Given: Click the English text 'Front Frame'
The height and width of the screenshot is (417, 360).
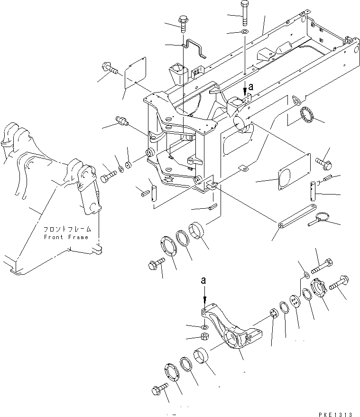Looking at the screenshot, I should click(66, 237).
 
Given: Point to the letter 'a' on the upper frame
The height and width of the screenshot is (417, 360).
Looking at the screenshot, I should click(250, 87).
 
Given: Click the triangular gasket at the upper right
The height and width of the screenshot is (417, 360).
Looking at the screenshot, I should click(297, 102).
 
